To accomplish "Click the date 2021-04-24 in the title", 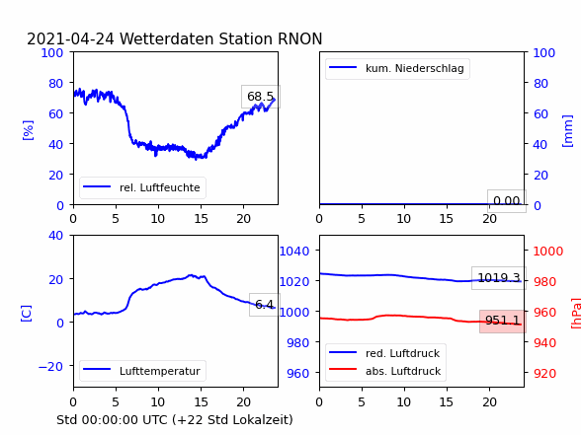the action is point(70,38).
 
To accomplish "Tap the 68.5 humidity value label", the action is point(261,97).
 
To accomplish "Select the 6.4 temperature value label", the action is point(265,305).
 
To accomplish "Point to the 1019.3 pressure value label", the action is point(499,278).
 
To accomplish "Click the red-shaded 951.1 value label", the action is point(502,321).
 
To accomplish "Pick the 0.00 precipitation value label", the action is point(507,201).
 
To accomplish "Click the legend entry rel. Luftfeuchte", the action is point(142,187).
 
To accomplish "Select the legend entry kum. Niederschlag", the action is point(397,68).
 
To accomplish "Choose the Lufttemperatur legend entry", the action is point(142,371).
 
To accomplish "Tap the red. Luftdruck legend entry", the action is point(385,353).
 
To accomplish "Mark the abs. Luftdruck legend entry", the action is point(385,371).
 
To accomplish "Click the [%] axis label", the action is point(28,130).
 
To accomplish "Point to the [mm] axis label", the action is point(567,131).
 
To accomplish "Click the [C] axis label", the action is point(26,314).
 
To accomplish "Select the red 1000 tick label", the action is point(548,252).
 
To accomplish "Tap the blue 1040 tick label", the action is point(294,252).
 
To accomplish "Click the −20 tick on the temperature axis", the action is point(50,367).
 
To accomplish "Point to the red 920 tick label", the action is point(544,373).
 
